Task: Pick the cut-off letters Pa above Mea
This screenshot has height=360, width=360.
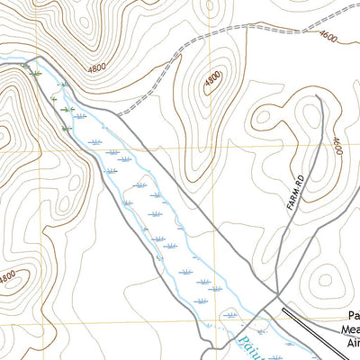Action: (352, 316)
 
